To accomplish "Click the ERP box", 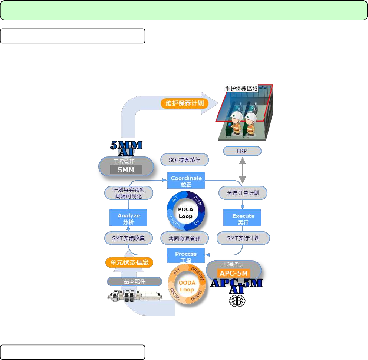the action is coord(242,151).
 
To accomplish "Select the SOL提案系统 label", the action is coord(184,160).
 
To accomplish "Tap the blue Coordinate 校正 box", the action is coord(186,181).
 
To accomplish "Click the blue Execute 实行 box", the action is coord(243,219).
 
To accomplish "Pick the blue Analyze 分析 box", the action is coord(128,219).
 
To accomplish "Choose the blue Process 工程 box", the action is coord(185,257).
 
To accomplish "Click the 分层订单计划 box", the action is coord(243,193).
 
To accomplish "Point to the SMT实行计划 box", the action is coord(243,238).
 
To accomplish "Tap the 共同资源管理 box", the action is coord(184,238).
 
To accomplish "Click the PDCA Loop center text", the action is coord(185,213).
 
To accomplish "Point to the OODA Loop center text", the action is coord(187,286).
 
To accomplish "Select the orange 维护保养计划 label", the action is coord(184,103).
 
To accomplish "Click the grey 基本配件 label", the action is coord(134,281).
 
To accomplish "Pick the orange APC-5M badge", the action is coord(234,274).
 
